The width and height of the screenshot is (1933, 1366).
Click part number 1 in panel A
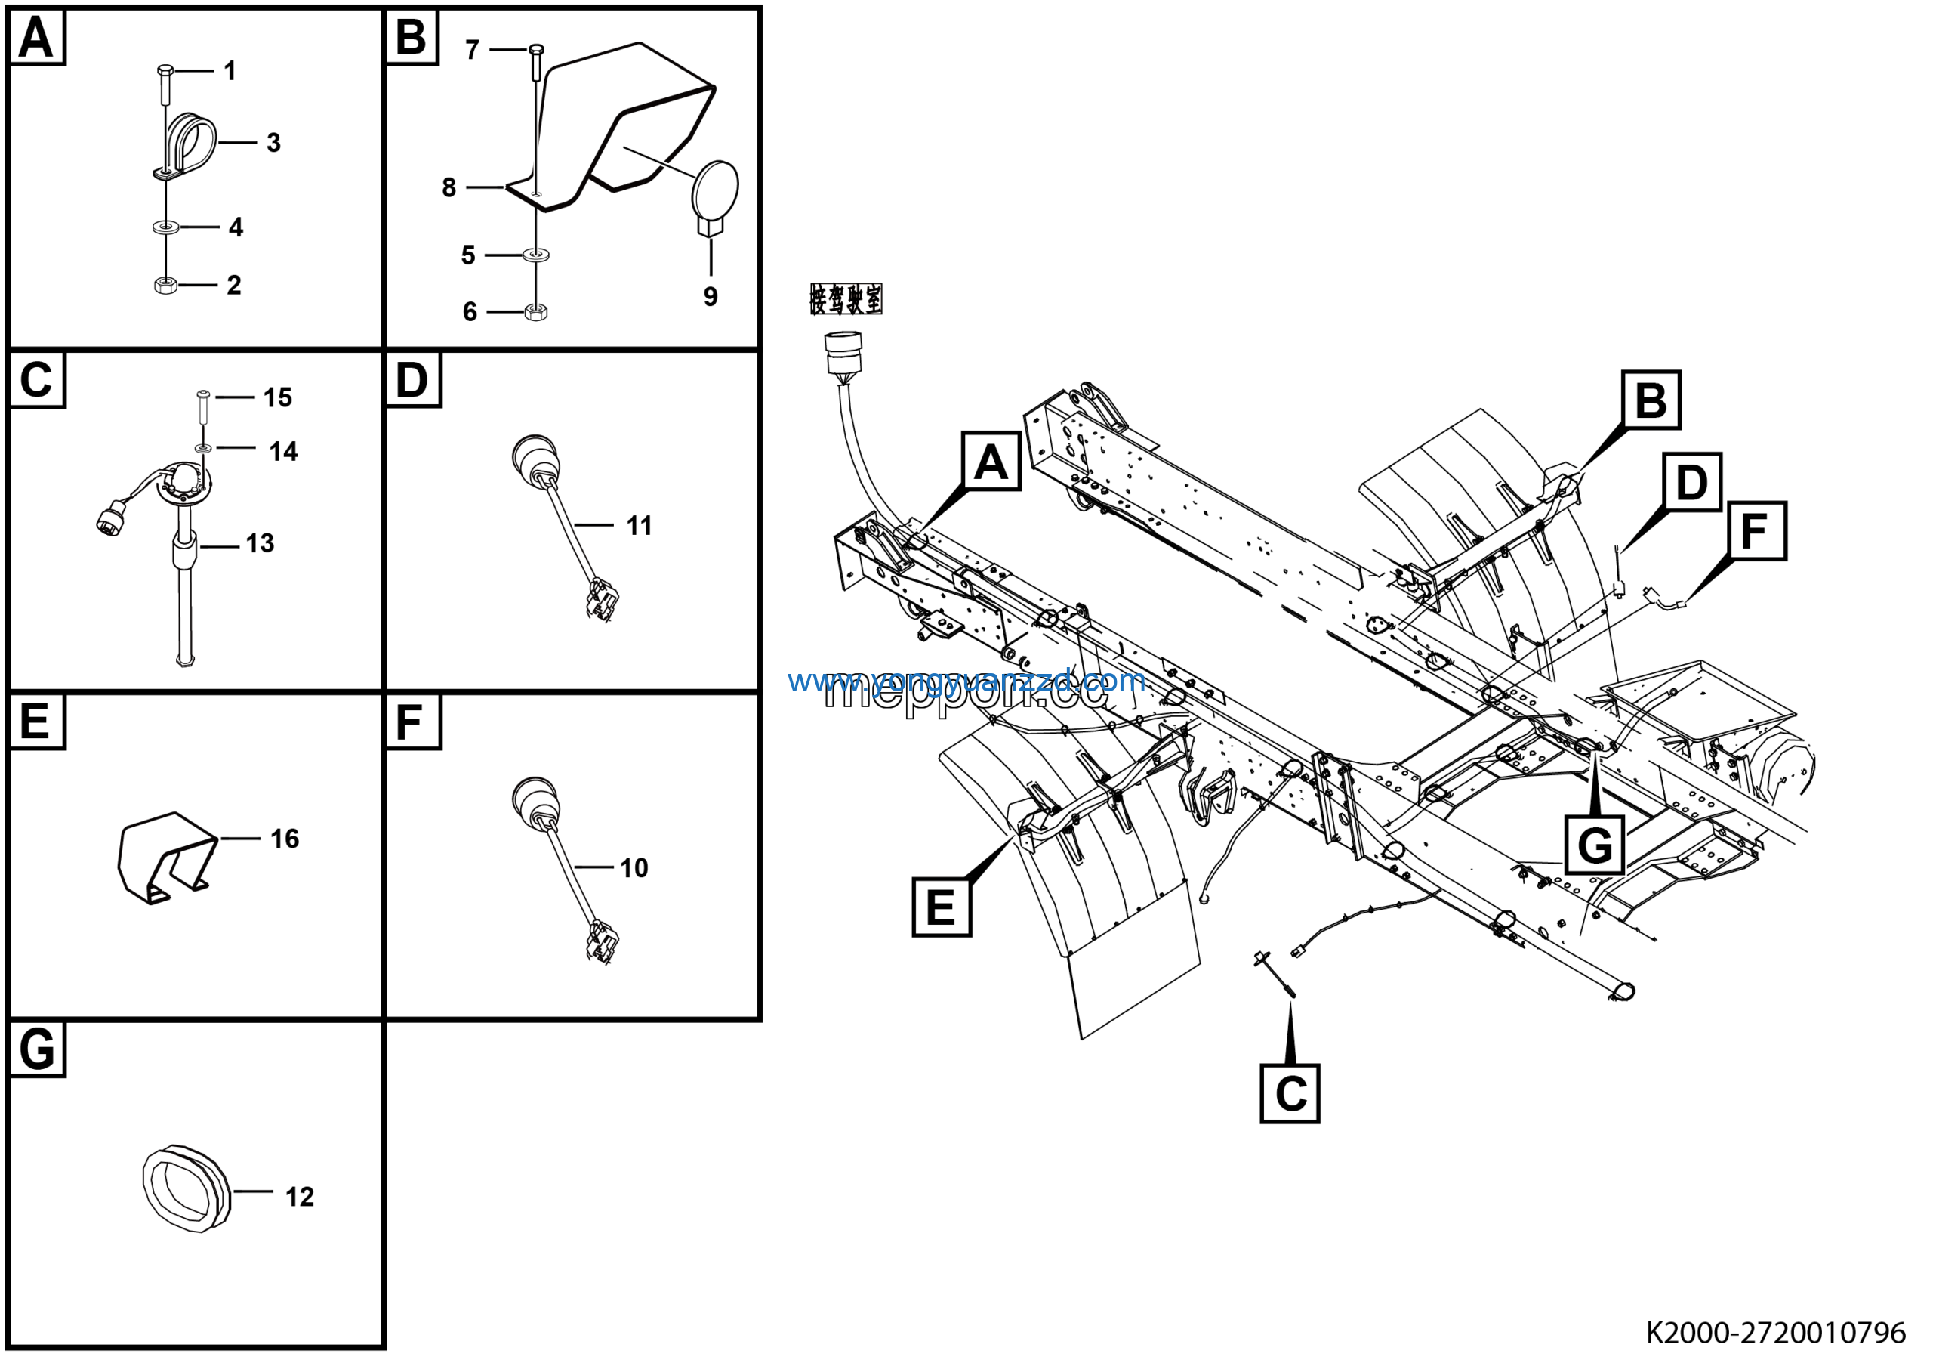coord(230,71)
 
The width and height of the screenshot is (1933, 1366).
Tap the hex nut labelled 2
coord(165,286)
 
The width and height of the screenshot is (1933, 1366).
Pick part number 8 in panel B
coord(449,187)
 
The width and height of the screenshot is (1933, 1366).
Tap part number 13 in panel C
coord(261,543)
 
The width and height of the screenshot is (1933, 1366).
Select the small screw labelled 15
coord(203,396)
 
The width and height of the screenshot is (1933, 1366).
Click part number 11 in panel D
coord(639,527)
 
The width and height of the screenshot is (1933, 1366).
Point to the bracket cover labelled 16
coord(167,857)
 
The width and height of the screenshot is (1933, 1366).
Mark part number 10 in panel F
coord(634,868)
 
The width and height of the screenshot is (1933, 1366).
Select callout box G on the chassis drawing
coord(1595,845)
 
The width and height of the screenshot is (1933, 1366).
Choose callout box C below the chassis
coord(1289,1093)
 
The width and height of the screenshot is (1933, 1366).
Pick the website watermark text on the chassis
coord(966,681)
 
